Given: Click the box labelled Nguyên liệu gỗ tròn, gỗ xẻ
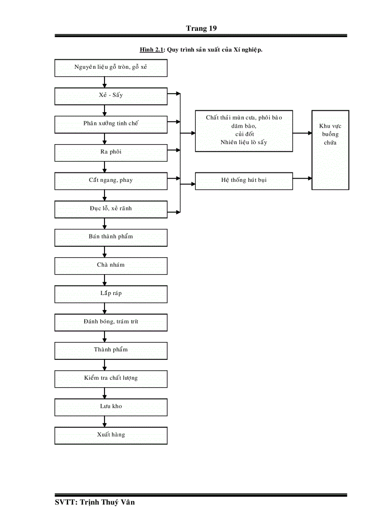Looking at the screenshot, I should pos(111,67).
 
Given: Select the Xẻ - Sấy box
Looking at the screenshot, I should pos(111,96).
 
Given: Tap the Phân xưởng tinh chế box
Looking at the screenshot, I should pos(111,124).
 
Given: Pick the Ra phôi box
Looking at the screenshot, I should pos(111,152).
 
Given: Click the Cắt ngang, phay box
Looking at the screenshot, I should pos(111,180).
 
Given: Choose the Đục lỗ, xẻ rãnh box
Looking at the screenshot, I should pos(111,209).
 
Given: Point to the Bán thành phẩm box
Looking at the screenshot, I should pos(111,237).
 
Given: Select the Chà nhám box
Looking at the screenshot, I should pos(111,265).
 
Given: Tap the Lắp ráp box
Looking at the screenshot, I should pos(111,293).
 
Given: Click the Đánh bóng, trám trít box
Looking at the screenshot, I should pos(111,322).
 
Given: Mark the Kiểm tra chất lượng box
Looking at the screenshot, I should pos(111,378).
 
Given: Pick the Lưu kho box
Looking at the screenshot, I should pos(111,407).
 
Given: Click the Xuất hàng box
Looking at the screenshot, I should pos(111,435).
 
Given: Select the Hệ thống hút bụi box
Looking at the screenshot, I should pos(244,180).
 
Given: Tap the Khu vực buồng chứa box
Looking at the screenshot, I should pos(330,150).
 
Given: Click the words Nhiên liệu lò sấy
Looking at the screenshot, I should pos(243,143).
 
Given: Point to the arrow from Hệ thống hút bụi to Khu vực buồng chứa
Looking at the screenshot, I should pos(302,179).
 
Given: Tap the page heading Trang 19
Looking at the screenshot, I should pos(201,28).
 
